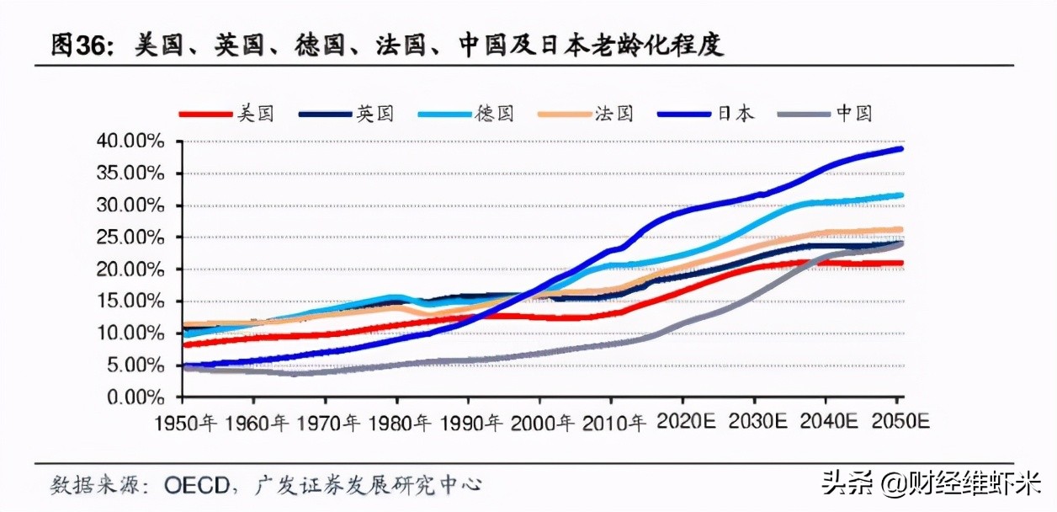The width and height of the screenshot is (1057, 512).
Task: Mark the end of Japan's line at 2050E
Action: [900, 149]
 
